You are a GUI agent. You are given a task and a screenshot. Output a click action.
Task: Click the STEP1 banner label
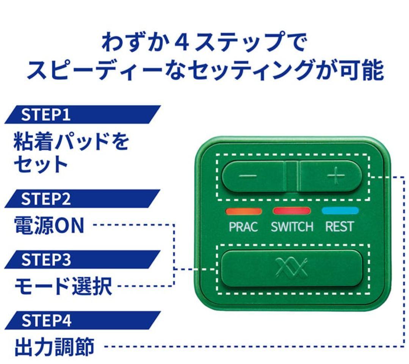pos(45,115)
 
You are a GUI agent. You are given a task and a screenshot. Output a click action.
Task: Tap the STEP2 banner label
pos(45,199)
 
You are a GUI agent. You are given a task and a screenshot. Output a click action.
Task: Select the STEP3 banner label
pos(45,260)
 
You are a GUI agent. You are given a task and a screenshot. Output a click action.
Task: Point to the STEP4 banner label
pos(45,321)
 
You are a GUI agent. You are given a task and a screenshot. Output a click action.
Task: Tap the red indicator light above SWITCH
pos(292,211)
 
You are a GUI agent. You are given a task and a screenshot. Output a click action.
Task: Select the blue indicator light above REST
pos(340,211)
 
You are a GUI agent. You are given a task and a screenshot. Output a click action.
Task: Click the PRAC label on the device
pos(243,227)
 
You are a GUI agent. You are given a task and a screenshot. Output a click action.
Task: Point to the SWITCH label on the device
pos(292,227)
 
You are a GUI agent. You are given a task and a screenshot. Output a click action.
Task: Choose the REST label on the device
pos(340,227)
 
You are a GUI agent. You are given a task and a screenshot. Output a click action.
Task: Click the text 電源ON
pos(49,226)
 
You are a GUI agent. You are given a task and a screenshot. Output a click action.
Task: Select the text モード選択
pos(63,287)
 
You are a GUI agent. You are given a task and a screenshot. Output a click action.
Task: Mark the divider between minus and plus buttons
pos(292,177)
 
